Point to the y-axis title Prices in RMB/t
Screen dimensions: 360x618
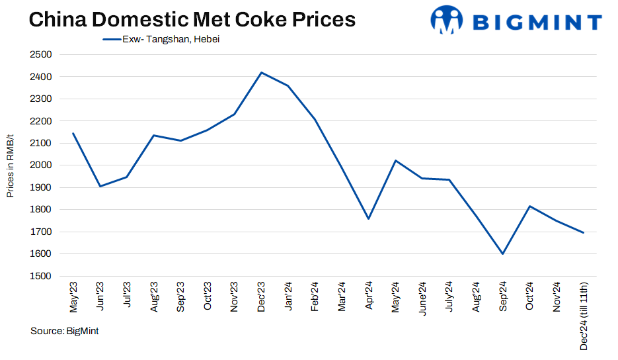(x=10, y=165)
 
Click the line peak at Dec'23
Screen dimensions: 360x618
(x=261, y=72)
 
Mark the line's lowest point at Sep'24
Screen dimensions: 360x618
(x=503, y=253)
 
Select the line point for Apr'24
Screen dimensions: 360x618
(x=368, y=218)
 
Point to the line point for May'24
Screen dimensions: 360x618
(x=395, y=160)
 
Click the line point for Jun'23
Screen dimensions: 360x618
(x=100, y=186)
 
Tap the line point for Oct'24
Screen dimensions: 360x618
(x=529, y=206)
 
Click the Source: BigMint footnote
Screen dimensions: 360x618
(x=64, y=331)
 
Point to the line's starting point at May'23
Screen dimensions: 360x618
(x=73, y=133)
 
